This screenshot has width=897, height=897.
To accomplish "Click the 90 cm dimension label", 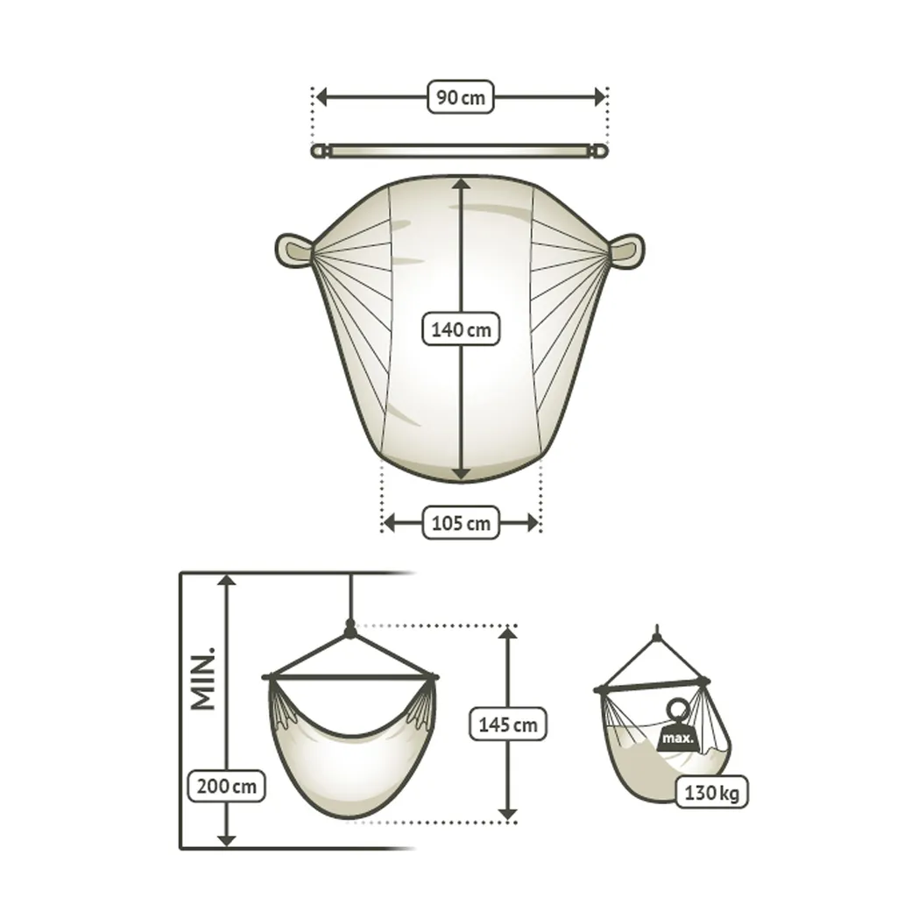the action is click(461, 97).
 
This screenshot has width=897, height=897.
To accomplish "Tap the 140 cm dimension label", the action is click(461, 329).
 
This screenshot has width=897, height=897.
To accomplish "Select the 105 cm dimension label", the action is click(461, 523).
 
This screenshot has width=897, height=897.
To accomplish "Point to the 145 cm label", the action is click(508, 724).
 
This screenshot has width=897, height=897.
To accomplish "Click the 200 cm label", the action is click(227, 786).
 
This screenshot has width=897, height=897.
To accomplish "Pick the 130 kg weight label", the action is click(711, 792).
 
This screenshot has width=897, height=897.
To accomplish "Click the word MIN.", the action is click(203, 679).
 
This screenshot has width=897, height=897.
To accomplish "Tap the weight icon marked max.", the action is click(678, 726).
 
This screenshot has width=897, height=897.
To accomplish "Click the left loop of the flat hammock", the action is click(293, 250).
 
